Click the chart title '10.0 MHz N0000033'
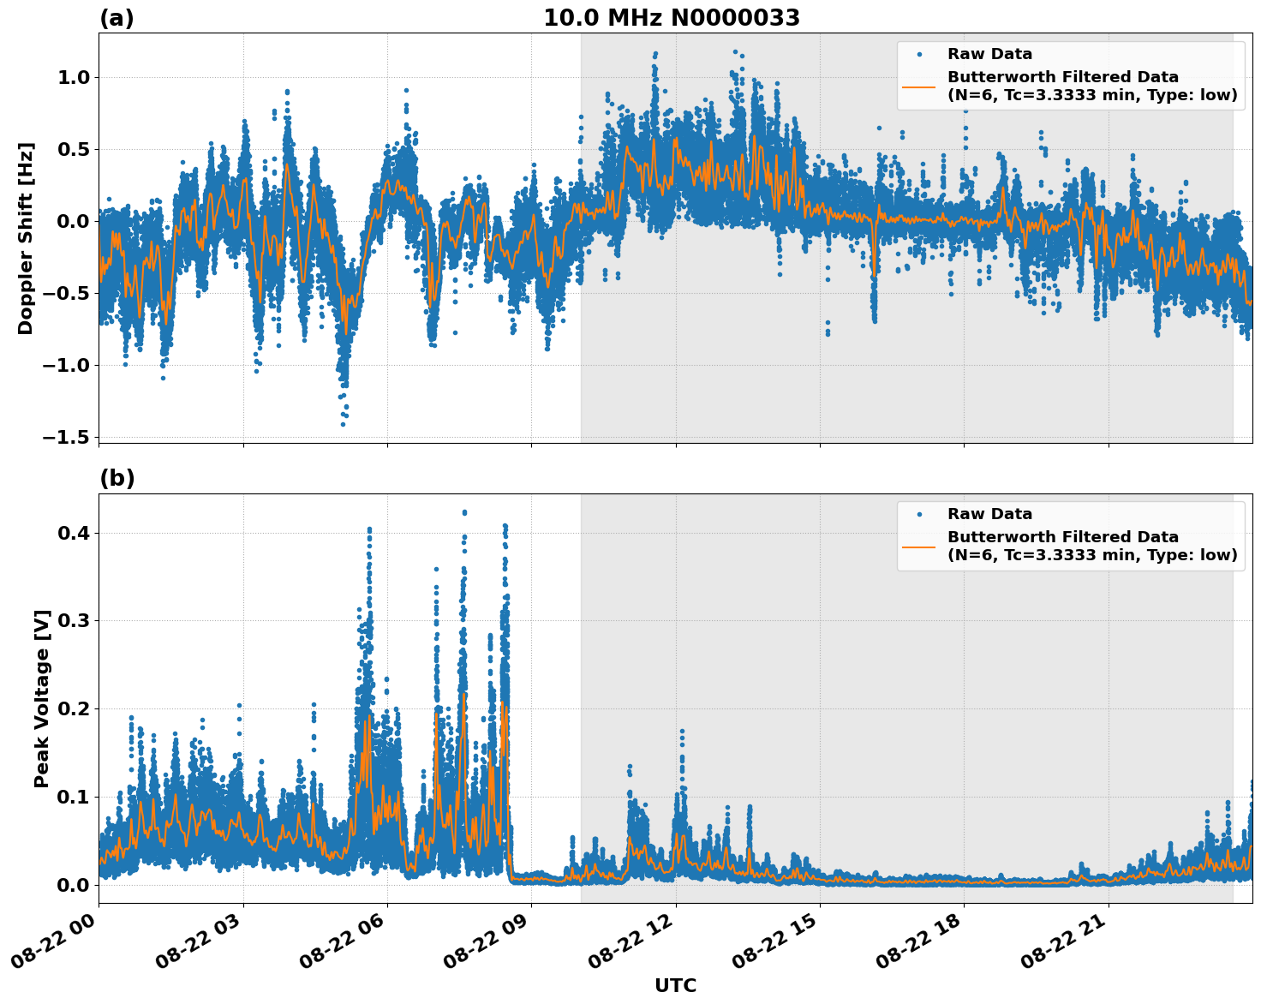click(672, 18)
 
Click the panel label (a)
click(117, 18)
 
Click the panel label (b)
click(117, 478)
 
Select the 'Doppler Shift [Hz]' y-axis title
click(26, 238)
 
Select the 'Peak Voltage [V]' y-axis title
click(42, 698)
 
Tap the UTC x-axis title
click(675, 985)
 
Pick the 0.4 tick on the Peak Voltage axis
click(75, 533)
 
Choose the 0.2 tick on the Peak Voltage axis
click(75, 709)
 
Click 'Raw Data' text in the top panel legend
click(989, 55)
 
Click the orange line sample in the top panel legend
click(918, 87)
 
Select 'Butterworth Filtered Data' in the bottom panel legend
click(1062, 537)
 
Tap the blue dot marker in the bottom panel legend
click(918, 515)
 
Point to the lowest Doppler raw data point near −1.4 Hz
click(343, 424)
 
